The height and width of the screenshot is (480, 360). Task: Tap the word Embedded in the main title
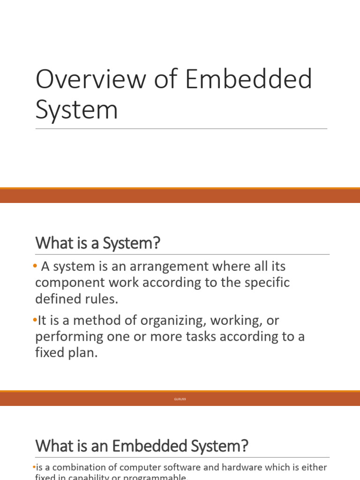coord(248,79)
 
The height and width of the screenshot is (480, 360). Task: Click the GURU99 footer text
coord(180,399)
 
